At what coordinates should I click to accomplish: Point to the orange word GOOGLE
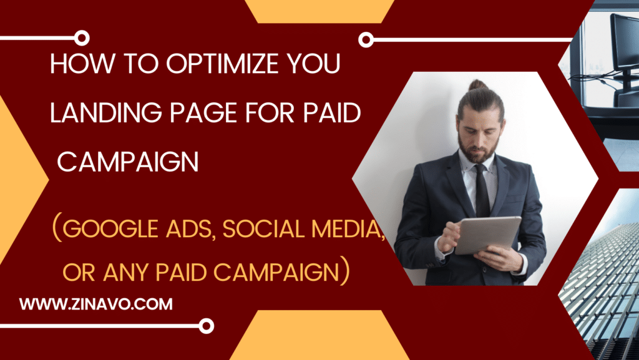[x=110, y=229]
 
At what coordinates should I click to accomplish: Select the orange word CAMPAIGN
[x=276, y=273]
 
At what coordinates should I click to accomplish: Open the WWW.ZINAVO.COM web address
[x=95, y=304]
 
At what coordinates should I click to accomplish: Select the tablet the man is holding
[x=487, y=235]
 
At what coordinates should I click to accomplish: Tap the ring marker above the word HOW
[x=82, y=38]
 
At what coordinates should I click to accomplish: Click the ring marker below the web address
[x=206, y=326]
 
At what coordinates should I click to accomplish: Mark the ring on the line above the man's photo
[x=366, y=40]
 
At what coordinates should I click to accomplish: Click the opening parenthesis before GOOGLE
[x=57, y=229]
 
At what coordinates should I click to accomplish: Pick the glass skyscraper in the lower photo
[x=603, y=285]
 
